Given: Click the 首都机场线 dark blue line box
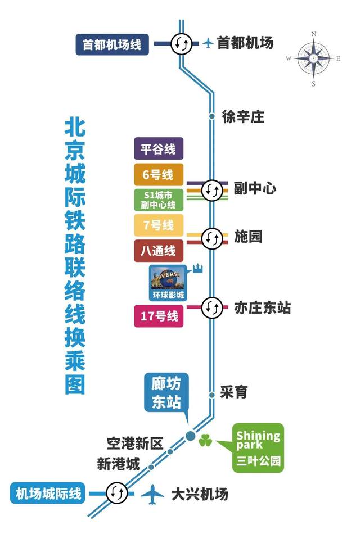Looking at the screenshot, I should [112, 44].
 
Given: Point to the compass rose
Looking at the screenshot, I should [314, 57].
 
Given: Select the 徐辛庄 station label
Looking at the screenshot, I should [243, 117].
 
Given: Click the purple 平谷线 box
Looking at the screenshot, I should [159, 150].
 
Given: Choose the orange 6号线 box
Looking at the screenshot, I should [159, 175].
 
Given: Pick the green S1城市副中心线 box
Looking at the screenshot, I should [159, 200].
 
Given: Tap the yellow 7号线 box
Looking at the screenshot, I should [159, 225].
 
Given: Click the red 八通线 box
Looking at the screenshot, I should [159, 251].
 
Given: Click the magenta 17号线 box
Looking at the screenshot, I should [159, 316].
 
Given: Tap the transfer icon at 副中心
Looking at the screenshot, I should [212, 189].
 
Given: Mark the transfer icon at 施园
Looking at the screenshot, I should [212, 238].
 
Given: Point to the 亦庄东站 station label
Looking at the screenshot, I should [263, 307].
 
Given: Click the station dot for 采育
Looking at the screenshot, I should [212, 395].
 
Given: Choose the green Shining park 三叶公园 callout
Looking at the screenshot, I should [258, 447].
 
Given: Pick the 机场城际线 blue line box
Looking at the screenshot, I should [49, 494].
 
